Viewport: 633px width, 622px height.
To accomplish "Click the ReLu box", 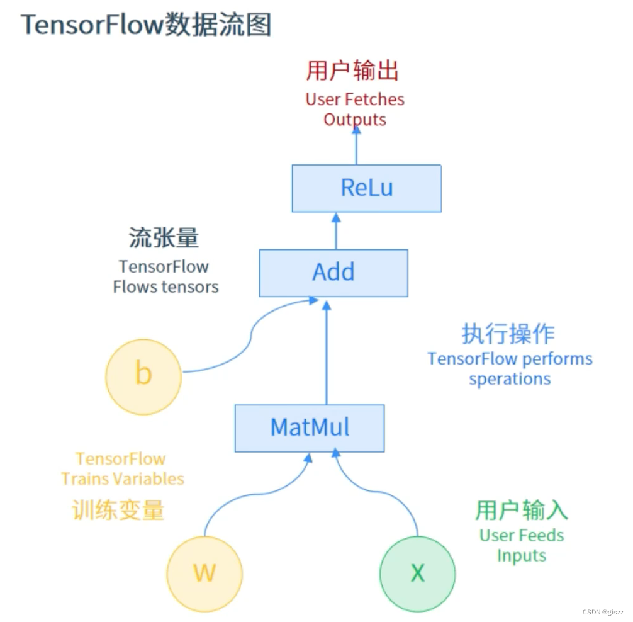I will pos(366,188).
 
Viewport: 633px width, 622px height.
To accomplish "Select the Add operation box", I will pos(333,273).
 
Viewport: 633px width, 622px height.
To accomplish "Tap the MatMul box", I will pos(310,427).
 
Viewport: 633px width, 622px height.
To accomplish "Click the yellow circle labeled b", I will pos(143,374).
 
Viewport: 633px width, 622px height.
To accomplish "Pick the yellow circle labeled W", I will pos(204,573).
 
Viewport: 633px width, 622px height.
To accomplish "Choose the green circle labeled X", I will pos(417,573).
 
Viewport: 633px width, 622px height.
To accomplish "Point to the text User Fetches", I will pos(355,99).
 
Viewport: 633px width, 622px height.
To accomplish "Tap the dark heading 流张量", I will pos(164,238).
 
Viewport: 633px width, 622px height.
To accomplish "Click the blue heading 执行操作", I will pos(508,334).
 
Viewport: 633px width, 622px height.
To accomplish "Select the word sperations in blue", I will pos(510,380).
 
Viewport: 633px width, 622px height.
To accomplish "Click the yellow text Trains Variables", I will pos(123,479).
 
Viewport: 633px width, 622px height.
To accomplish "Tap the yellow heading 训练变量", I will pos(119,510).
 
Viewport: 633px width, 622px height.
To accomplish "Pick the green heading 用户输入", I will pos(522,510).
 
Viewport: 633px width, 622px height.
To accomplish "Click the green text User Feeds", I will pos(522,536).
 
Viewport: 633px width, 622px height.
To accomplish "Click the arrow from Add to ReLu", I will pos(336,232).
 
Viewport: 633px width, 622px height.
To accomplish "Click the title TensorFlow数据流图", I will pos(146,25).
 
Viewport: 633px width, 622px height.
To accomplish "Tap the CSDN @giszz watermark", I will pos(602,612).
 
